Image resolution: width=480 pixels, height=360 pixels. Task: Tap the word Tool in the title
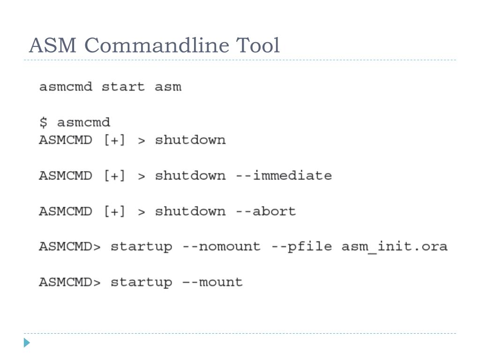258,46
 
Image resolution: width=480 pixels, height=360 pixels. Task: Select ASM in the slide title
53,46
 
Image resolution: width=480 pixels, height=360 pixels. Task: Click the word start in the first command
123,87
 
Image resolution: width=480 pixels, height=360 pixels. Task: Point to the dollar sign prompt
43,123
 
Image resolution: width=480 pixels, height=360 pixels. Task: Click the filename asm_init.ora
394,247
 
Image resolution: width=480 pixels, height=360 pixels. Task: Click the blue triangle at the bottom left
27,343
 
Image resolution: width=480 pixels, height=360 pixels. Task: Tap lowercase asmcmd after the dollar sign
83,123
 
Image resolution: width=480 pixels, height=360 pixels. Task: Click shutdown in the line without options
190,140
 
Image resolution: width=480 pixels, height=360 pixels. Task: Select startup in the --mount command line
141,282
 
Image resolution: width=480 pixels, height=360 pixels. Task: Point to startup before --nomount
141,247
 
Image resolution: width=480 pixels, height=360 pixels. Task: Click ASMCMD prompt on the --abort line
65,211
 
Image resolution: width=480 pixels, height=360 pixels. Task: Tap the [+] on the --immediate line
114,176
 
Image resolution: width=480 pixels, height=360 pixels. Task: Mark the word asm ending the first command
168,87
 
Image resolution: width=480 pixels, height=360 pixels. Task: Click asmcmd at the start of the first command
66,87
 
